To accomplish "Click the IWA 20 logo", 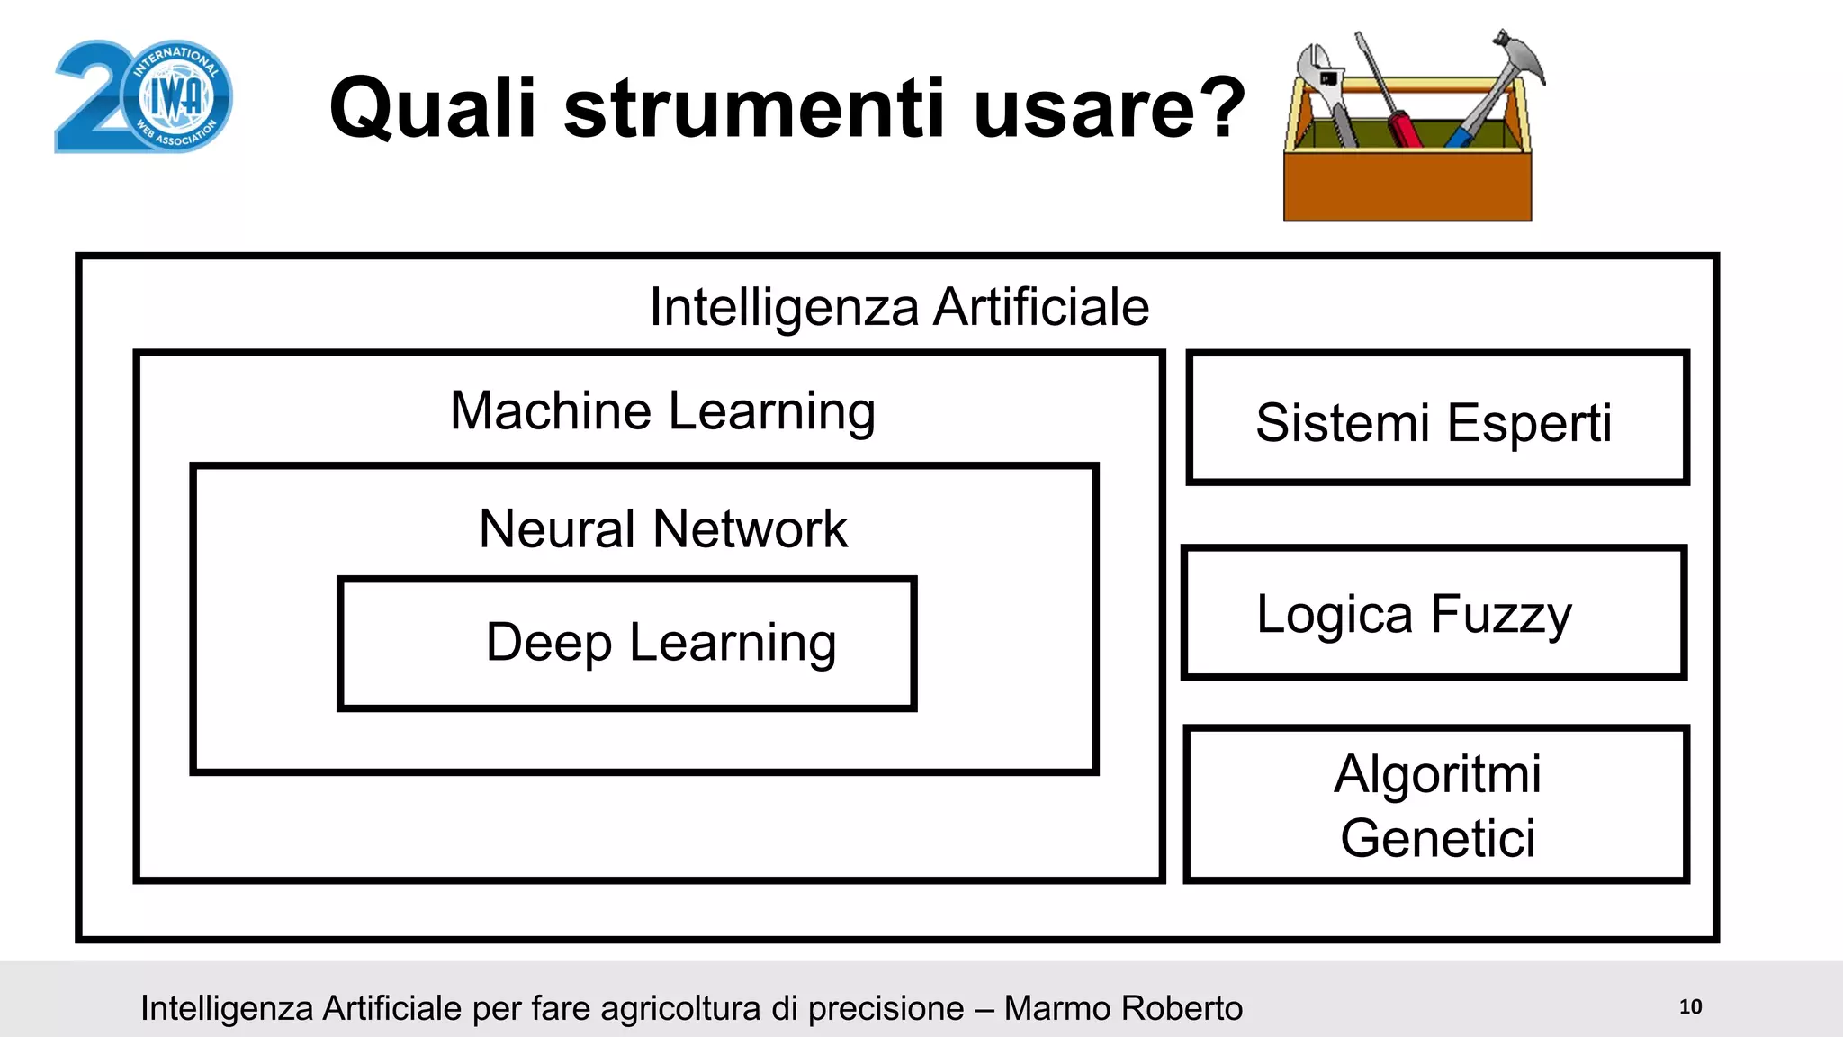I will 144,96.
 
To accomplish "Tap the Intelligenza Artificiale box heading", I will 899,307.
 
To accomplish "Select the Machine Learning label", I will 662,411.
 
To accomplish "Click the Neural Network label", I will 662,528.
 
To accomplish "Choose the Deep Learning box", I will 627,643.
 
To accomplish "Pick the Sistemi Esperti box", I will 1437,419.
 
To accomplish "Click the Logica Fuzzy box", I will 1434,612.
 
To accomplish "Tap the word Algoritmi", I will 1437,774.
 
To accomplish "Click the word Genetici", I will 1437,838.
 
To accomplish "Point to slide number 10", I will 1690,1007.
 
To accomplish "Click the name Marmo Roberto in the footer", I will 1123,1009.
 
